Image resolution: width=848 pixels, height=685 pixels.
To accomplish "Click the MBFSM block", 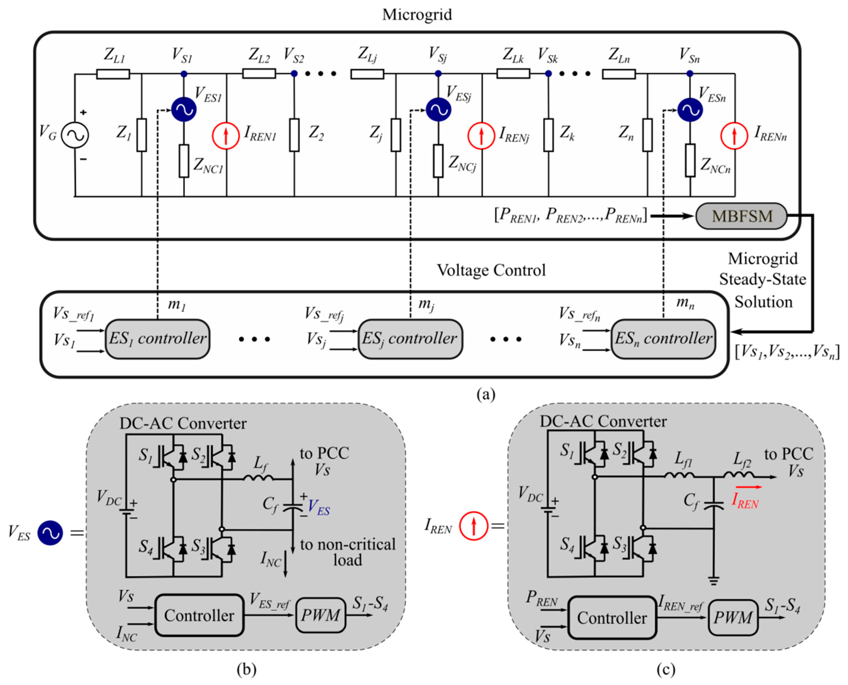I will pyautogui.click(x=741, y=216).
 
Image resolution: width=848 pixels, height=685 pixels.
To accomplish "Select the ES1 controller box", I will pyautogui.click(x=157, y=339).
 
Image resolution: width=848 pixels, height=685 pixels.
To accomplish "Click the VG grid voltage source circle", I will pyautogui.click(x=75, y=135).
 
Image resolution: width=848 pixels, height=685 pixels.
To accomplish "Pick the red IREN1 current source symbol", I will pyautogui.click(x=226, y=136).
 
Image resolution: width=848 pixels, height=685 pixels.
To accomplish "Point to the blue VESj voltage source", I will pyautogui.click(x=438, y=109).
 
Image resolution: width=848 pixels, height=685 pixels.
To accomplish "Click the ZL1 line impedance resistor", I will pyautogui.click(x=113, y=74).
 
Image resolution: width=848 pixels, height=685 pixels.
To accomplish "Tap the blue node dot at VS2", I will pyautogui.click(x=294, y=73).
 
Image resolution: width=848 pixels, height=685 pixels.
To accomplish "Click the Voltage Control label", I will pyautogui.click(x=491, y=270).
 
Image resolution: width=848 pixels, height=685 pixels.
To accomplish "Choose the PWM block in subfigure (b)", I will pyautogui.click(x=320, y=615).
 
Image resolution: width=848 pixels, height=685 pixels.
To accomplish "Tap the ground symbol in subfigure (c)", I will pyautogui.click(x=713, y=580).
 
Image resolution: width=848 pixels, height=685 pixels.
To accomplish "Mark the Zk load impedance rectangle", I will pyautogui.click(x=548, y=135).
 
